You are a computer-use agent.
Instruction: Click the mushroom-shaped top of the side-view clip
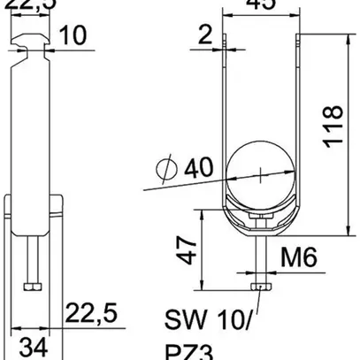coord(32,37)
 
